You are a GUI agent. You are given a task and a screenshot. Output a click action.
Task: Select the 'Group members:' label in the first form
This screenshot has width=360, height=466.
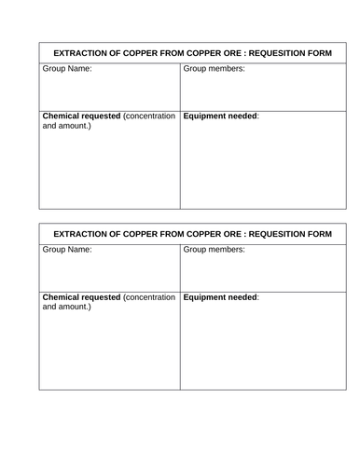pyautogui.click(x=215, y=70)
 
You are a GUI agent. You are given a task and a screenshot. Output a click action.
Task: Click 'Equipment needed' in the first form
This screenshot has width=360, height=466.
pyautogui.click(x=221, y=116)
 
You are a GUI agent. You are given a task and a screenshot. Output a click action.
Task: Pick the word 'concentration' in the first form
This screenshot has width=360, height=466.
pyautogui.click(x=149, y=116)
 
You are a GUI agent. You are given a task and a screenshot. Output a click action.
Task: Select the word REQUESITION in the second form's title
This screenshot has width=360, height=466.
pyautogui.click(x=277, y=233)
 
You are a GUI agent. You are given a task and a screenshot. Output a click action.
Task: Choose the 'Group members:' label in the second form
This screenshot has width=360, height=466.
pyautogui.click(x=215, y=251)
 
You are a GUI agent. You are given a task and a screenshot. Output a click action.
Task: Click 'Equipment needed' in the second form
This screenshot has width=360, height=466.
pyautogui.click(x=221, y=296)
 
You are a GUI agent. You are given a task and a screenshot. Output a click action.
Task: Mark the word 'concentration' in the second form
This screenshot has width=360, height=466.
pyautogui.click(x=149, y=296)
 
